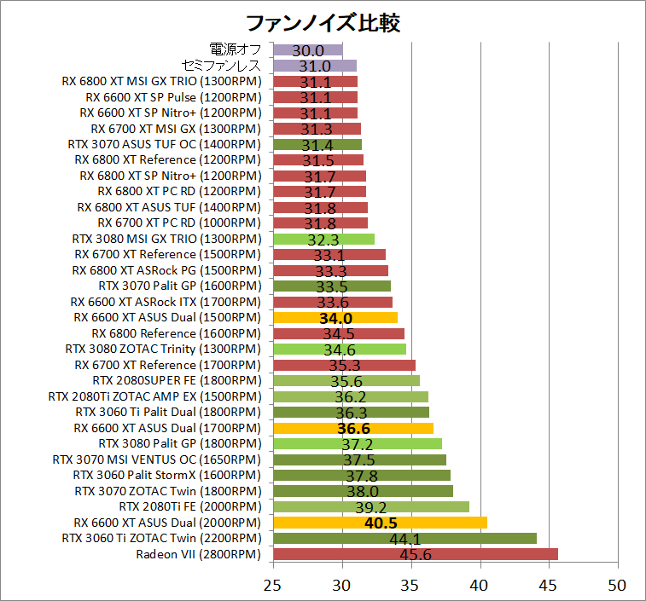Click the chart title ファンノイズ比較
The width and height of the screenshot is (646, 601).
click(323, 21)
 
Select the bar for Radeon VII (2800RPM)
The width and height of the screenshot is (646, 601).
click(415, 554)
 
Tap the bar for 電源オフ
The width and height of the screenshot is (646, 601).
click(308, 50)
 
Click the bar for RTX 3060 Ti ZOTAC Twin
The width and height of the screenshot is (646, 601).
click(404, 538)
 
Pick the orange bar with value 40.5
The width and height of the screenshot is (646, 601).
click(380, 523)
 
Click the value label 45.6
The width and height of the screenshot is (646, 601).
click(416, 555)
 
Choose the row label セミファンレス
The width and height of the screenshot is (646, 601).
click(222, 66)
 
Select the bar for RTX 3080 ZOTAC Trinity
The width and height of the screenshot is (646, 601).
click(340, 349)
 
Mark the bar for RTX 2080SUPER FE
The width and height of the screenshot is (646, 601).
click(346, 380)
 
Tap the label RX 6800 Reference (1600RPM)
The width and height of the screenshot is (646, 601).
click(175, 333)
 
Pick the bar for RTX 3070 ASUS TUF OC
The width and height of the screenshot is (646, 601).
click(317, 144)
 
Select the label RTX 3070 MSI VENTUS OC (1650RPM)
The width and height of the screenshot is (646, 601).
click(156, 459)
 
